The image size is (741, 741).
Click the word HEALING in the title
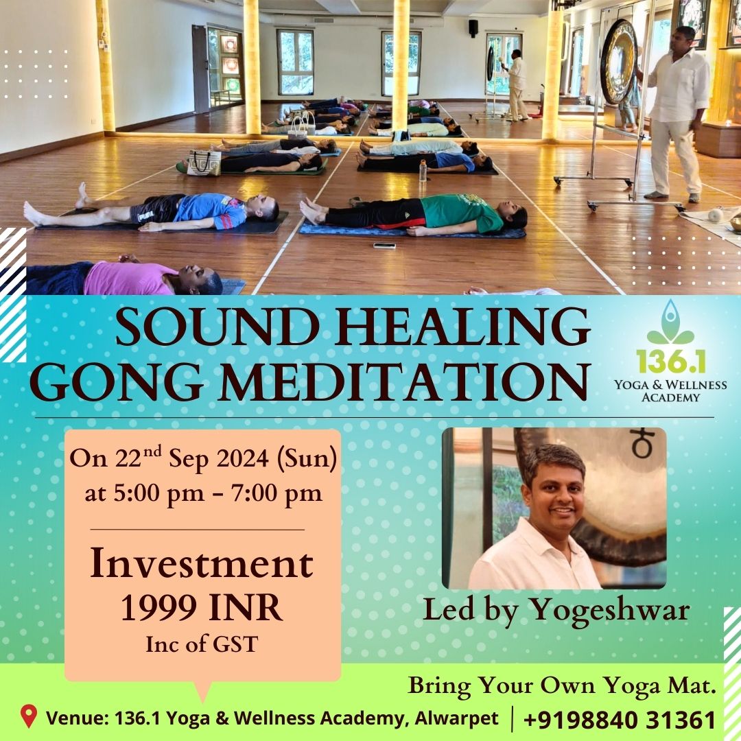pyautogui.click(x=463, y=327)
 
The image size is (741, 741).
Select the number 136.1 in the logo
pyautogui.click(x=670, y=361)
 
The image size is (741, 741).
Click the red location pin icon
pyautogui.click(x=29, y=716)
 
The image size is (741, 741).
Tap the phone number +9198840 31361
pyautogui.click(x=620, y=720)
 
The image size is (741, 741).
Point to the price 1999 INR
pyautogui.click(x=202, y=608)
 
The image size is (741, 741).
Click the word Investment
pyautogui.click(x=202, y=563)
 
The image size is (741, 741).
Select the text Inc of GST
pyautogui.click(x=202, y=644)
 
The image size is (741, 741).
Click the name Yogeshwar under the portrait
pyautogui.click(x=609, y=611)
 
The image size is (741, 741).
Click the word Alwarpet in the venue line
pyautogui.click(x=456, y=718)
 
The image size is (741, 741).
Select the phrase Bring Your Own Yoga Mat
pyautogui.click(x=562, y=685)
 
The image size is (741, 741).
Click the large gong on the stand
pyautogui.click(x=617, y=62)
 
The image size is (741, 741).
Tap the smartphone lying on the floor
pyautogui.click(x=384, y=245)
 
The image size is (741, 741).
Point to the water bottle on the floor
pyautogui.click(x=423, y=171)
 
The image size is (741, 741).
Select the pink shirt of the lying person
pyautogui.click(x=130, y=279)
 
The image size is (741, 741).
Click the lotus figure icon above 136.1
pyautogui.click(x=670, y=322)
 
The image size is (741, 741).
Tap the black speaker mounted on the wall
pyautogui.click(x=473, y=28)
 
